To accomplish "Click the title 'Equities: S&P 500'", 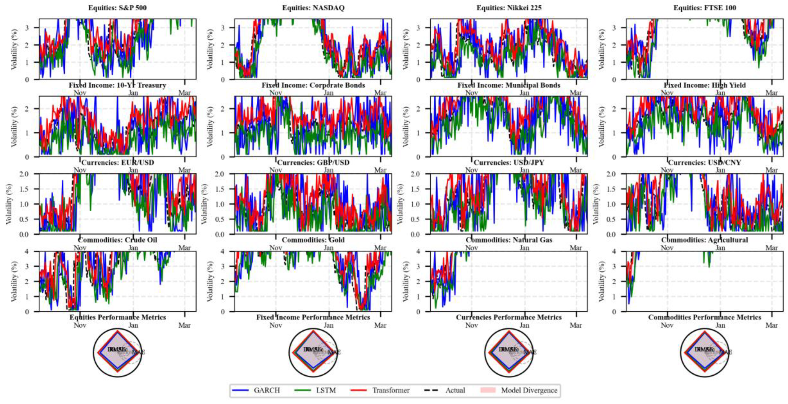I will coord(117,8).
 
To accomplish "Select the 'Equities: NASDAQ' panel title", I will coord(313,8).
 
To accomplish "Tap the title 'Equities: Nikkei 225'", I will coord(509,8).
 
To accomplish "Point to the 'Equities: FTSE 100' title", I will coord(705,8).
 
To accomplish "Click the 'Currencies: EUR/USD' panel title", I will coord(117,162).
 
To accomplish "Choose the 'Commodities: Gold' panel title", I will coord(313,240).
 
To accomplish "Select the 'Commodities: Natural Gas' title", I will coord(509,240).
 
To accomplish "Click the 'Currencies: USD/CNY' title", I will coord(705,162).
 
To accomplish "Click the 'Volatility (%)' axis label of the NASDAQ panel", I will coord(210,49).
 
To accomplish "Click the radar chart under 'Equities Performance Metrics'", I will coord(117,352).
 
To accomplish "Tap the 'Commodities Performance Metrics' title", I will coord(705,317).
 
